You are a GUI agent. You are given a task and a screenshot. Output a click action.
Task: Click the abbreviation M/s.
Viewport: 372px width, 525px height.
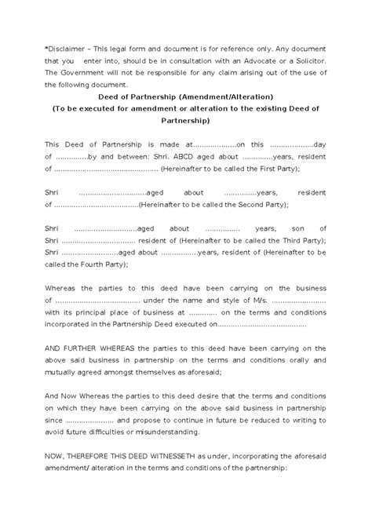point(258,300)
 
